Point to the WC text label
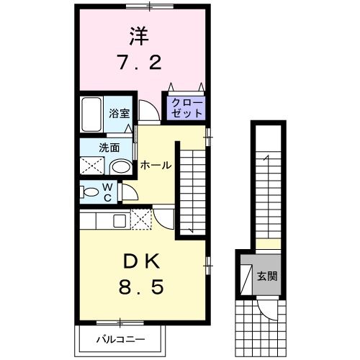coord(107,192)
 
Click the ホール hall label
coord(155,165)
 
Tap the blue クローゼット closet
coord(186,109)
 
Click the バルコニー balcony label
coord(120,338)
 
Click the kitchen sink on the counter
coord(119,219)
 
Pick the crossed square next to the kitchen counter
coord(142,219)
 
